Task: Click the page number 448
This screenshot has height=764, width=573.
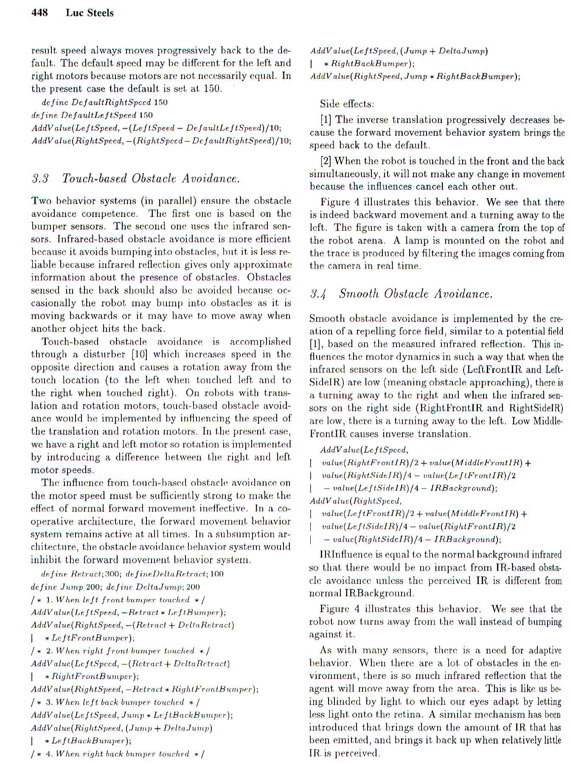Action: [x=39, y=13]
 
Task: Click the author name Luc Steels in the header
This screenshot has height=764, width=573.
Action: [x=90, y=13]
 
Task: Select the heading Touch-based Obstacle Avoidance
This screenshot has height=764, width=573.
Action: [x=151, y=178]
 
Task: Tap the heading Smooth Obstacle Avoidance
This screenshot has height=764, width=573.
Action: [x=416, y=294]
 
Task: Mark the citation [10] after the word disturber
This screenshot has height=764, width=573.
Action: [x=139, y=354]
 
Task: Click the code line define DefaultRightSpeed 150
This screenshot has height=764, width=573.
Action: [x=104, y=102]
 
